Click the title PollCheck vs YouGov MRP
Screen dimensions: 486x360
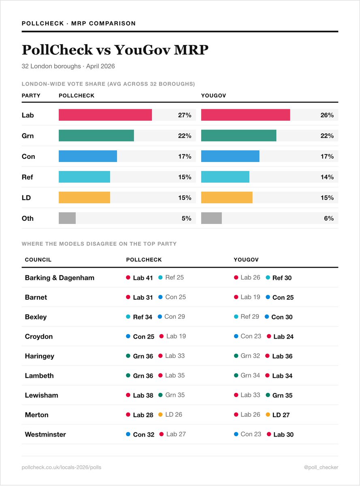tap(115, 50)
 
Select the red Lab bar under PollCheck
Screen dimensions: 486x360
tap(105, 115)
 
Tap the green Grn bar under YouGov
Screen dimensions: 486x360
tap(239, 136)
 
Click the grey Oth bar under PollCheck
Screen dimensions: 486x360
tap(67, 218)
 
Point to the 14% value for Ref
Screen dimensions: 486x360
tap(327, 177)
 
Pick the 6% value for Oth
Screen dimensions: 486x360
tap(328, 218)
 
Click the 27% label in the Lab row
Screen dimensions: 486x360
tap(185, 115)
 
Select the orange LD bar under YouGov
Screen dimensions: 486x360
tap(227, 198)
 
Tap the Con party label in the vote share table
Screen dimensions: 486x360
tap(28, 156)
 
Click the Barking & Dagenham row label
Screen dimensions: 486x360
tap(60, 278)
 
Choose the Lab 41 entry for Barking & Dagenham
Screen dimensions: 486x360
tap(143, 278)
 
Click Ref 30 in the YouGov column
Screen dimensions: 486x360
tap(282, 278)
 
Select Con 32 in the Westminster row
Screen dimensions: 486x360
tap(143, 435)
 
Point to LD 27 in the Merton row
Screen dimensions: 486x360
tap(281, 415)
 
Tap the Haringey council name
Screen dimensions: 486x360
tap(39, 356)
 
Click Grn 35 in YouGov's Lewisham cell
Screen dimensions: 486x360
tap(282, 395)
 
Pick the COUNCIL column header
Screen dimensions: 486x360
tap(38, 260)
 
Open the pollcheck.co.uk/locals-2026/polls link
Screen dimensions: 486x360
tap(62, 467)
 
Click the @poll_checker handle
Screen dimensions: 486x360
tap(321, 467)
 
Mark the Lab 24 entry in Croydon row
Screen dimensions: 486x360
tap(283, 337)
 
